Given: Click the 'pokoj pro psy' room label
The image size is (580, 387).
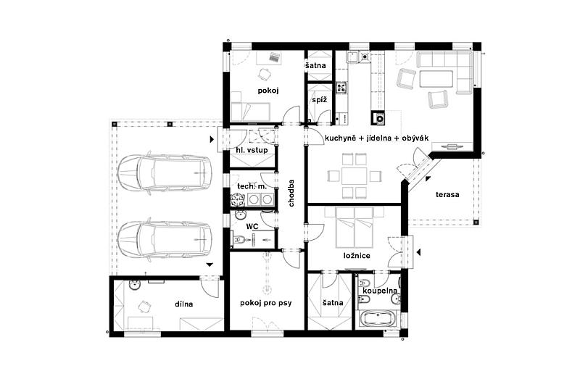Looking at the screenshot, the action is pos(265,304).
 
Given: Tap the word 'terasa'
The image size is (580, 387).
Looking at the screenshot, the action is pos(447,194).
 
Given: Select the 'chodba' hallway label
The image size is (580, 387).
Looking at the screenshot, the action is pos(291,193).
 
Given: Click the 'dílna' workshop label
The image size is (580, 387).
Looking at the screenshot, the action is pos(184,304).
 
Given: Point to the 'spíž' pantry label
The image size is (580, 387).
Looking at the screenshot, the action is pos(319,100).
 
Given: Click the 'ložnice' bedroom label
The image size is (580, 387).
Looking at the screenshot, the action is pos(357,255).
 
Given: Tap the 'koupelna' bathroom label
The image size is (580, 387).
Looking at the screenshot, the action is pos(380,291).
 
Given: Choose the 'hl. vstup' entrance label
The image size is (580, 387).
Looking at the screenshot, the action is pos(252,150).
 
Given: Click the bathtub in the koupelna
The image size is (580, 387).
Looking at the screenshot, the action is pos(378,318).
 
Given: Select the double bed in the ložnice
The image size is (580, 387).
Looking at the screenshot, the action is pos(355,228).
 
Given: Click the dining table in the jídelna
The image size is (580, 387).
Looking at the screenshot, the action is pos(355,176).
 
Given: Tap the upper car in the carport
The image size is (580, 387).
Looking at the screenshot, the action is pos(165,172).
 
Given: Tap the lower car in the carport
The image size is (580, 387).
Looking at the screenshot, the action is pos(165,239).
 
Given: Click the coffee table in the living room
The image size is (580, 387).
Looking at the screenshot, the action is pos(436,79).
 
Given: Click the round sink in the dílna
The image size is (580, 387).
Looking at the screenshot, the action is pos(134,285).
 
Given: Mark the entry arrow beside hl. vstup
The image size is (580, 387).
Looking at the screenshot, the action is pos(212,139).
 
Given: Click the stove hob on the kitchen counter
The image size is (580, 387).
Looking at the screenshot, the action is pos(341,88).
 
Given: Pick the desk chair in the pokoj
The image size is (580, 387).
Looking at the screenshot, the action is pos(264,74).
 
